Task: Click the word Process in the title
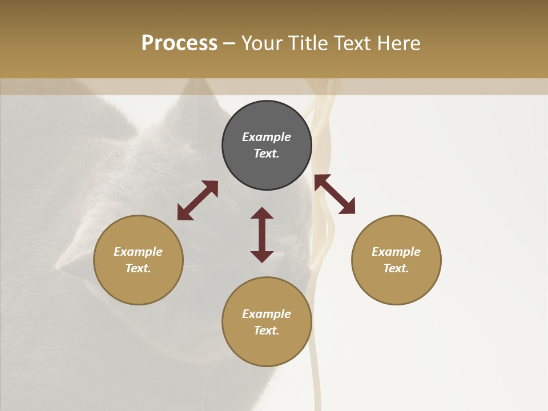click(179, 43)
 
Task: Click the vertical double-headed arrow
click(262, 235)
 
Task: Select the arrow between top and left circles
click(198, 200)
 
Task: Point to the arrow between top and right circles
click(335, 194)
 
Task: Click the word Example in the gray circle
click(267, 137)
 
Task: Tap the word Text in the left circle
click(138, 268)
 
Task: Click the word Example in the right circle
click(396, 252)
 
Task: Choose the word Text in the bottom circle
click(267, 331)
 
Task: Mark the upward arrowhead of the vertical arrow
click(262, 213)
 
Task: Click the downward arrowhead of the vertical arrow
click(262, 256)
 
